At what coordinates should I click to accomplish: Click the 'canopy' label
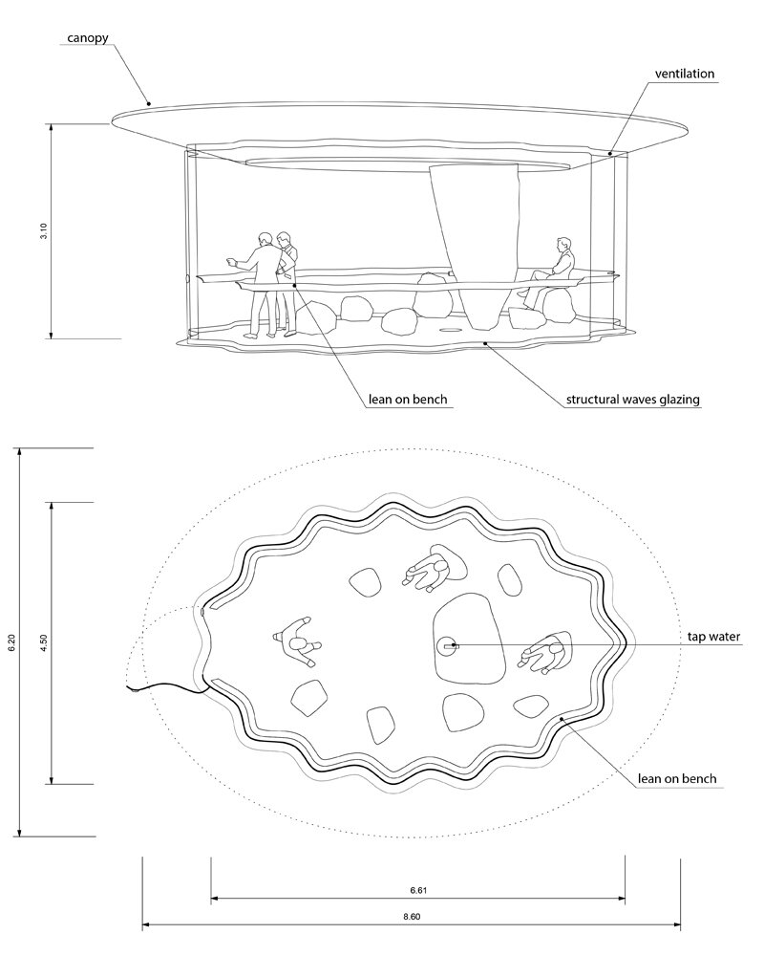coord(87,38)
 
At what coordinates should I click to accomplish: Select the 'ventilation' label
coord(684,74)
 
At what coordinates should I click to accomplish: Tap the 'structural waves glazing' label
coord(632,400)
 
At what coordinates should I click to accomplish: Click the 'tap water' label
coord(713,637)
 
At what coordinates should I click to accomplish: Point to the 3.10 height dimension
coord(44,231)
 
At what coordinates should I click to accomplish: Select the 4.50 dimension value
coord(44,642)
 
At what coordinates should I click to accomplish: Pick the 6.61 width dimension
coord(418,890)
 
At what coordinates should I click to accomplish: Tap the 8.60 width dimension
coord(412,917)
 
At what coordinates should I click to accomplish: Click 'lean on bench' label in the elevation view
coord(408,400)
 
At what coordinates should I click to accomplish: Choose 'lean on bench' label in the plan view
coord(677,778)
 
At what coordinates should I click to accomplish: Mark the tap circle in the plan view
coord(447,645)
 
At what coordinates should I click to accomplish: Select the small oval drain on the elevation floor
coord(451,330)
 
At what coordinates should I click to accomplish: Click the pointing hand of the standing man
coord(231,262)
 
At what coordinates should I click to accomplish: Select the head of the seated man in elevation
coord(564,243)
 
